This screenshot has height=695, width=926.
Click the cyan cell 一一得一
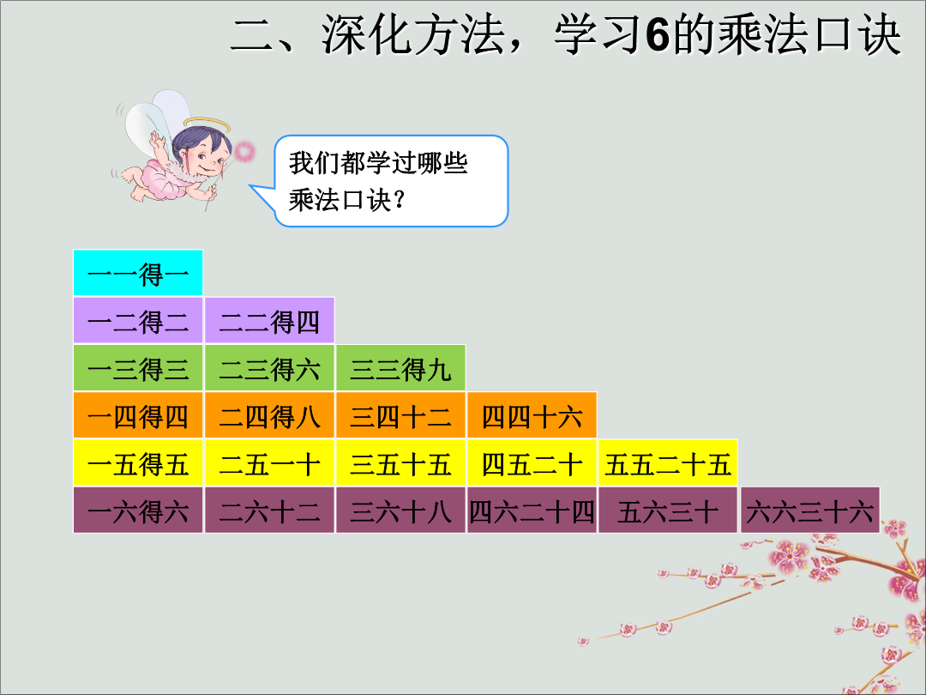pyautogui.click(x=138, y=273)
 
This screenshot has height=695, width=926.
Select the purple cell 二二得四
pyautogui.click(x=269, y=320)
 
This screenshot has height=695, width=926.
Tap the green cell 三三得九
pyautogui.click(x=400, y=367)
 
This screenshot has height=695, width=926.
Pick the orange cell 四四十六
pyautogui.click(x=532, y=415)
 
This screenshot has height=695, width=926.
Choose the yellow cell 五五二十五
pyautogui.click(x=668, y=462)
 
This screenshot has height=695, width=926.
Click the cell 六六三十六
pyautogui.click(x=809, y=510)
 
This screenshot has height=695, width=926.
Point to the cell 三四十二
pyautogui.click(x=400, y=415)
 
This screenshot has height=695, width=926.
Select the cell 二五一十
pyautogui.click(x=269, y=462)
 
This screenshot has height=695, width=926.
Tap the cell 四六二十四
pyautogui.click(x=532, y=510)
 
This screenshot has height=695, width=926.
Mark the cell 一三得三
pyautogui.click(x=138, y=367)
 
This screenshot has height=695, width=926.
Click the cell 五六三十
pyautogui.click(x=668, y=510)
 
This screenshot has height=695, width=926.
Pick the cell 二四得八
pyautogui.click(x=269, y=415)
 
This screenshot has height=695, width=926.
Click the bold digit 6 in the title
pyautogui.click(x=658, y=34)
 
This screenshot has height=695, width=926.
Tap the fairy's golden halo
pyautogui.click(x=207, y=124)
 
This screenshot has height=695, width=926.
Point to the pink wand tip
pyautogui.click(x=244, y=151)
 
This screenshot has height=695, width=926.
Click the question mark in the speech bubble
pyautogui.click(x=400, y=200)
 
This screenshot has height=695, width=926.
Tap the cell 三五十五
pyautogui.click(x=400, y=462)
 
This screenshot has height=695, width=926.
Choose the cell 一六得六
pyautogui.click(x=138, y=510)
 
